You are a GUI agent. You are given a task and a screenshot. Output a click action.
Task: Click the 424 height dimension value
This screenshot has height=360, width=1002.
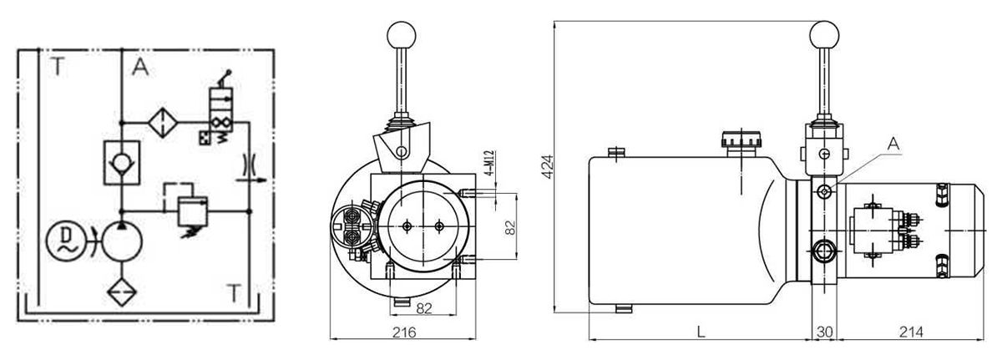tap(548, 167)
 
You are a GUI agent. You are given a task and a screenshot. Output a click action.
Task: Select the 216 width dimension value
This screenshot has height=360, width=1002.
tap(404, 332)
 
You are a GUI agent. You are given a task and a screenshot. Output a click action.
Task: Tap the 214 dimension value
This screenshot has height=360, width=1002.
tap(911, 332)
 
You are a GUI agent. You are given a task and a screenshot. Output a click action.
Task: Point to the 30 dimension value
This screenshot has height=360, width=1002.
tap(825, 332)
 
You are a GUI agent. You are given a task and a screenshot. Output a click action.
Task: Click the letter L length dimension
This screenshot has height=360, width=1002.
tap(701, 332)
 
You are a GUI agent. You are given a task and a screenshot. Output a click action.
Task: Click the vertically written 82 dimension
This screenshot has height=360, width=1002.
tap(510, 226)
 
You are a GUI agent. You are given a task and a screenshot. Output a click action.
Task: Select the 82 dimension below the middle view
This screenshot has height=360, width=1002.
tap(424, 308)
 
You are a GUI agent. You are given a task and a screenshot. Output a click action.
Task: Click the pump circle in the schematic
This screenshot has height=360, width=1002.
tap(122, 241)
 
